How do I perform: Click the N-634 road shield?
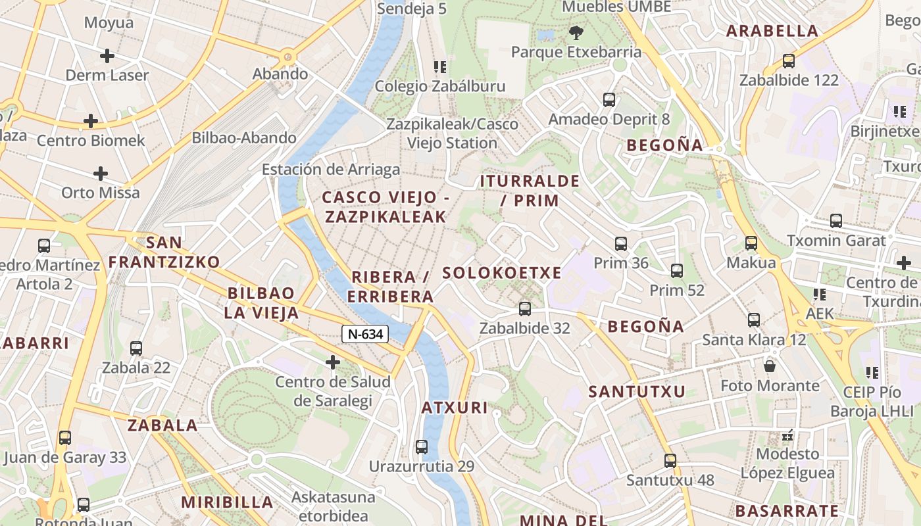(x=365, y=334)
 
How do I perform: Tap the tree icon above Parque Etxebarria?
(x=576, y=32)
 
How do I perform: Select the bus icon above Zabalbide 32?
(x=524, y=308)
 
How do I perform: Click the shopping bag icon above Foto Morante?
(x=769, y=366)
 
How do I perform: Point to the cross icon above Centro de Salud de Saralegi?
(x=333, y=362)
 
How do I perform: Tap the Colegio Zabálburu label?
(x=440, y=86)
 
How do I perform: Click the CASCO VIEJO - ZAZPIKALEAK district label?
(x=386, y=206)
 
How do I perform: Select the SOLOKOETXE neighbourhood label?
(x=502, y=273)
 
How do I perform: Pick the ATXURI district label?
(x=455, y=408)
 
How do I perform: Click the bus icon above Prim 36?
(x=620, y=244)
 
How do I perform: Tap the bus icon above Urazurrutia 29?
(x=422, y=447)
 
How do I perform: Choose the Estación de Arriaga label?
(x=331, y=169)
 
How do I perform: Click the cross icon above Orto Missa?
(x=100, y=174)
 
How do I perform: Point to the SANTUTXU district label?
(x=637, y=392)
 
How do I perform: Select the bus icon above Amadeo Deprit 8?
(x=609, y=100)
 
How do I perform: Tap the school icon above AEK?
(x=819, y=294)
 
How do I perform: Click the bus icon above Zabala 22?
(x=136, y=348)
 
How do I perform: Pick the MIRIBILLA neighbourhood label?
(x=227, y=502)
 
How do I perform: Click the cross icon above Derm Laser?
(x=107, y=56)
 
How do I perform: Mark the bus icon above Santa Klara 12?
(x=754, y=320)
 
